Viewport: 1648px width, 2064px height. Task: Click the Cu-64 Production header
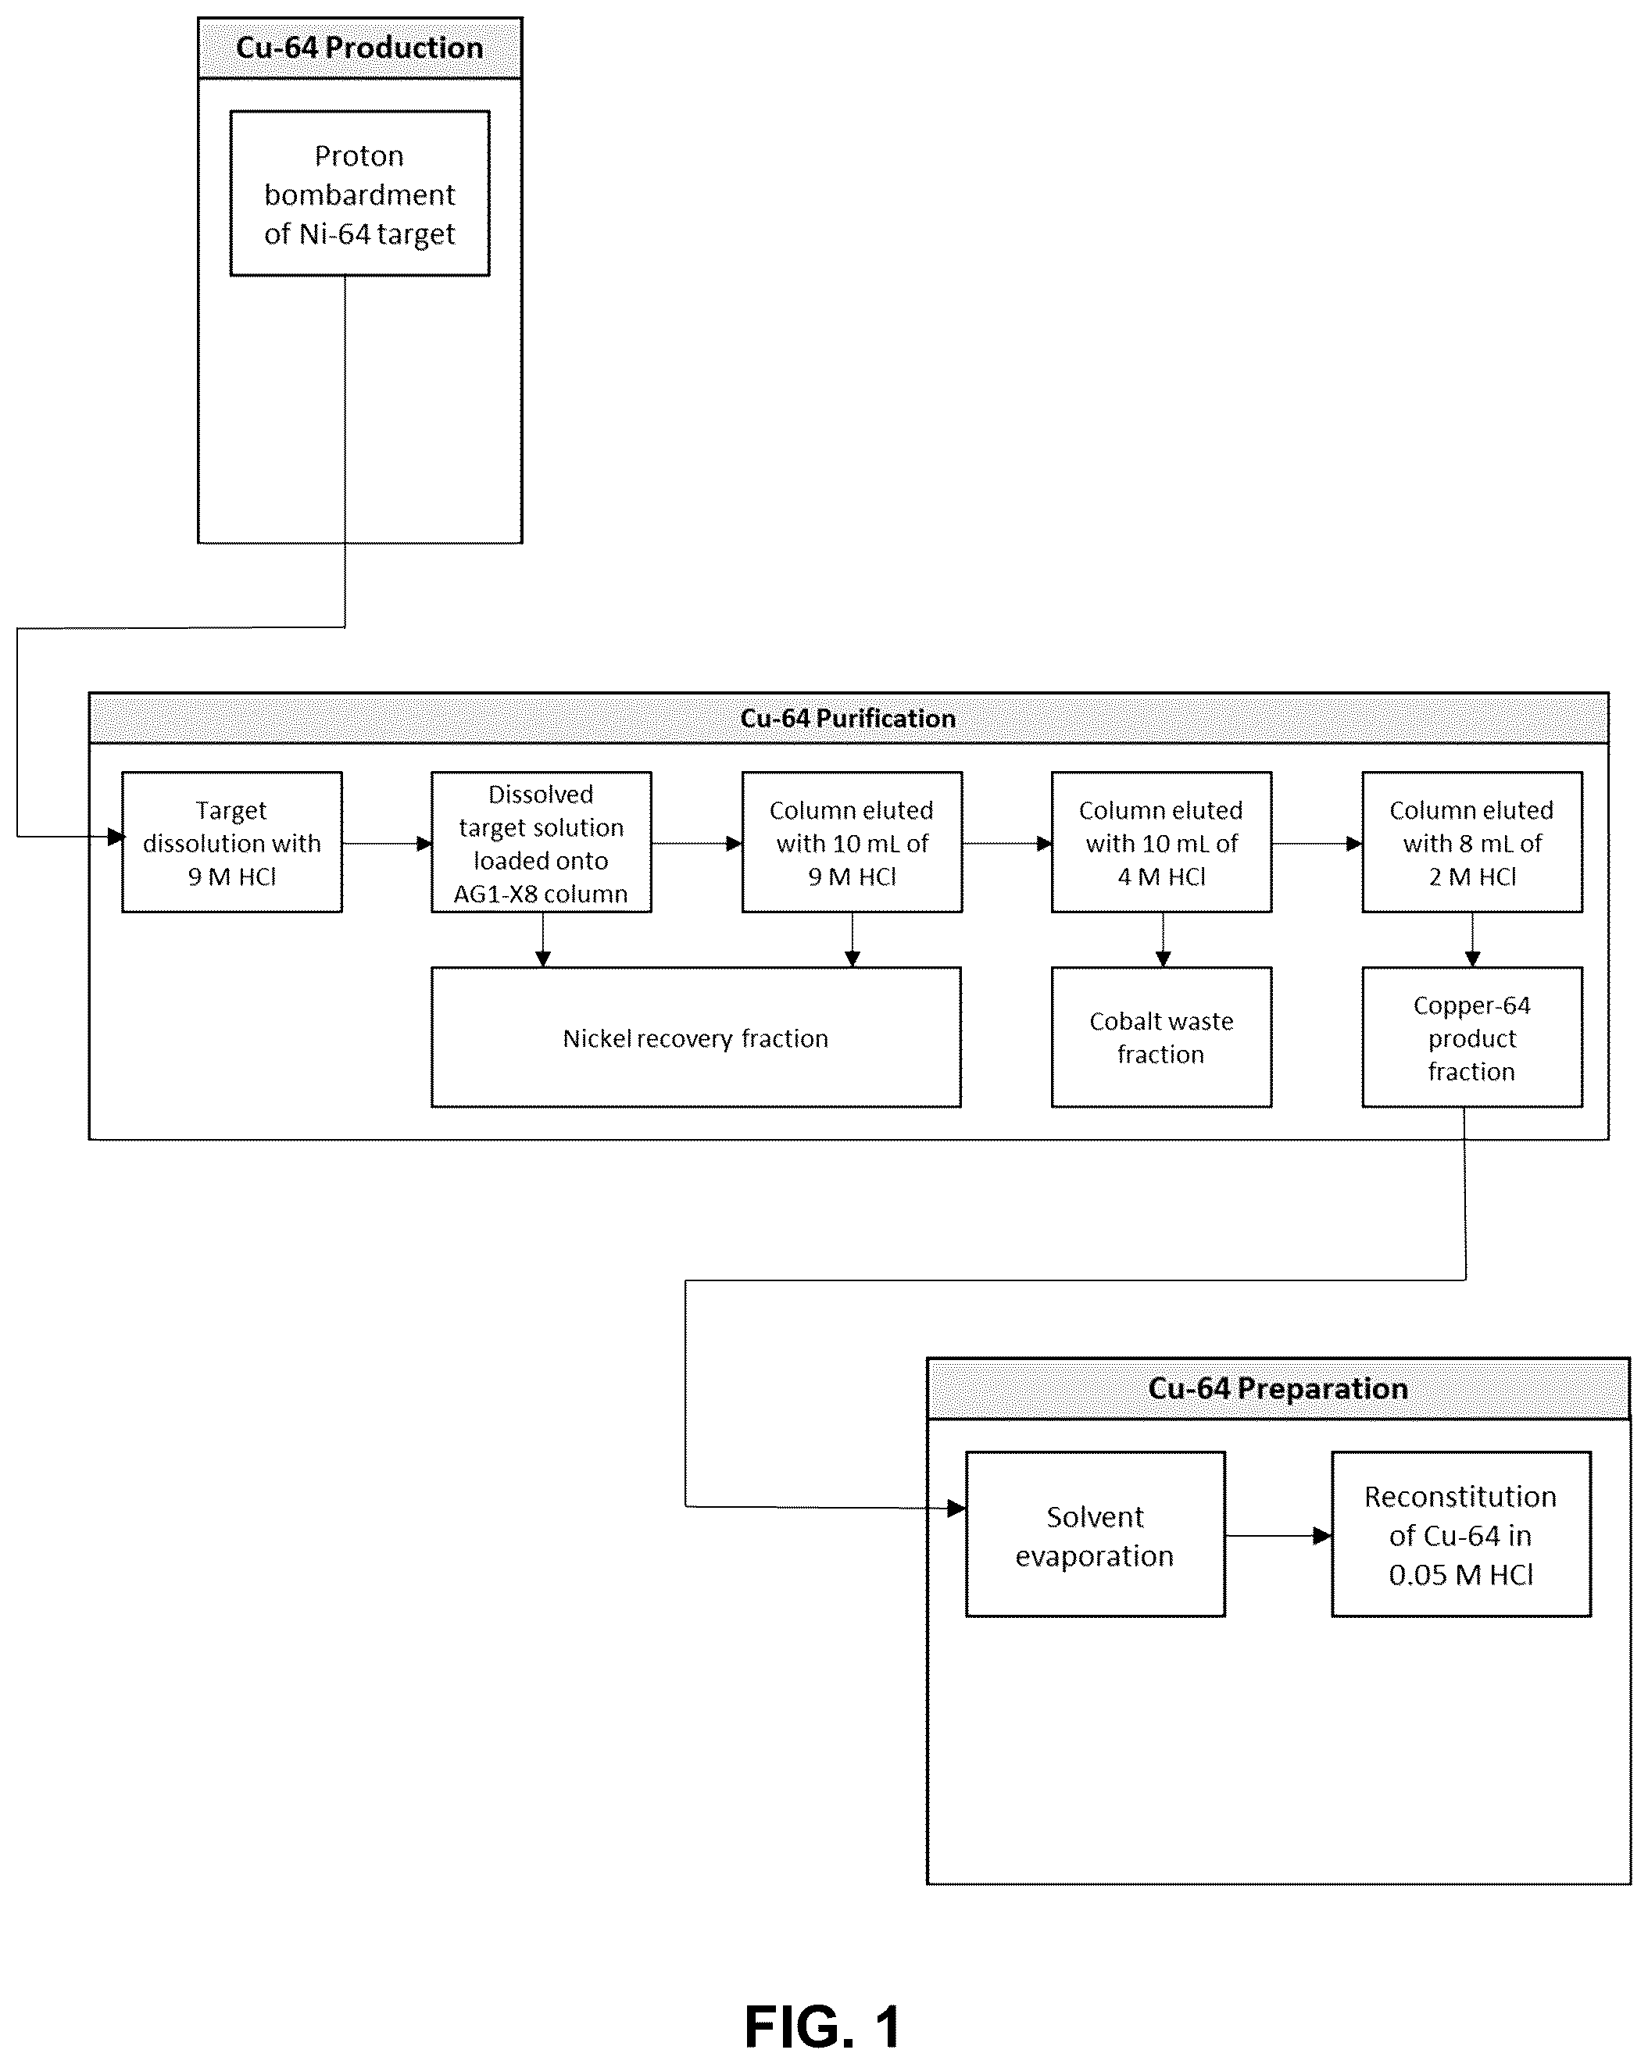pyautogui.click(x=360, y=48)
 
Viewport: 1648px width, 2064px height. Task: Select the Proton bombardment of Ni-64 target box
pyautogui.click(x=360, y=194)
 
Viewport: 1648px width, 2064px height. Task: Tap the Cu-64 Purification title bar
pyautogui.click(x=849, y=718)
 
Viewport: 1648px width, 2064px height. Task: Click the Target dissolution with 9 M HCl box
pyautogui.click(x=232, y=842)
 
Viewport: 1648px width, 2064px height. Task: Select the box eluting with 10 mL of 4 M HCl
pyautogui.click(x=1161, y=842)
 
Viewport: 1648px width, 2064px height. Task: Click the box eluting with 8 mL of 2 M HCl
pyautogui.click(x=1472, y=842)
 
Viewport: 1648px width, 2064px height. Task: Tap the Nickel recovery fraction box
pyautogui.click(x=696, y=1037)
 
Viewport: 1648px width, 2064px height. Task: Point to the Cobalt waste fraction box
pyautogui.click(x=1161, y=1037)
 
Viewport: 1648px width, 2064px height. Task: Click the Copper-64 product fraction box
pyautogui.click(x=1472, y=1037)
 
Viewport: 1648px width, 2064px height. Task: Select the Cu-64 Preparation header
pyautogui.click(x=1278, y=1388)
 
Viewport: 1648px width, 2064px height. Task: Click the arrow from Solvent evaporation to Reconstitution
pyautogui.click(x=1278, y=1536)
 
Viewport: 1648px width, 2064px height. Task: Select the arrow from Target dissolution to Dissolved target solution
pyautogui.click(x=387, y=844)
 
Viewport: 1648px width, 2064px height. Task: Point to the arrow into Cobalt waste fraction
pyautogui.click(x=1164, y=940)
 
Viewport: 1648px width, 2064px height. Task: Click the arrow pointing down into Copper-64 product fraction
pyautogui.click(x=1473, y=940)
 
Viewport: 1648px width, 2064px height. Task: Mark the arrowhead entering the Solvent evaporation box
pyautogui.click(x=956, y=1509)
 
